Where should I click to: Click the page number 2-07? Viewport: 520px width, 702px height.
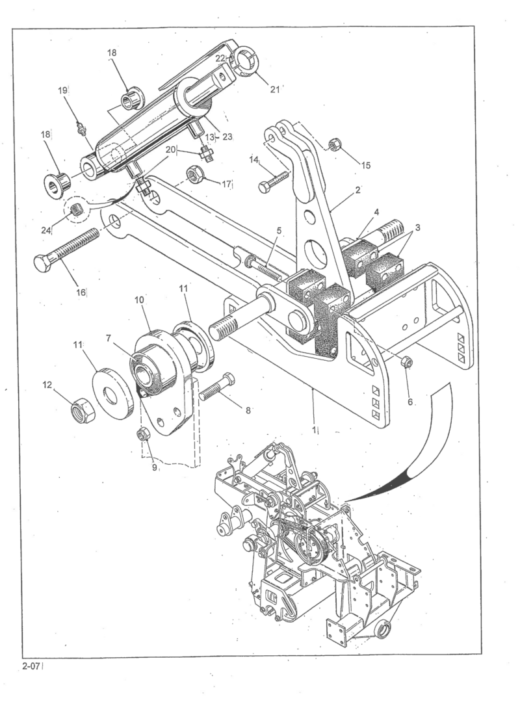pyautogui.click(x=31, y=665)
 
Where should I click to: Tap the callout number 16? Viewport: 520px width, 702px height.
pyautogui.click(x=81, y=292)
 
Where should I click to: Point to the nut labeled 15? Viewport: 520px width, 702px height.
pyautogui.click(x=336, y=146)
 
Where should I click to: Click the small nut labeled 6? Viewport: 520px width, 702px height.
pyautogui.click(x=407, y=361)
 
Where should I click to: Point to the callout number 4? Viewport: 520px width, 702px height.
pyautogui.click(x=375, y=213)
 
